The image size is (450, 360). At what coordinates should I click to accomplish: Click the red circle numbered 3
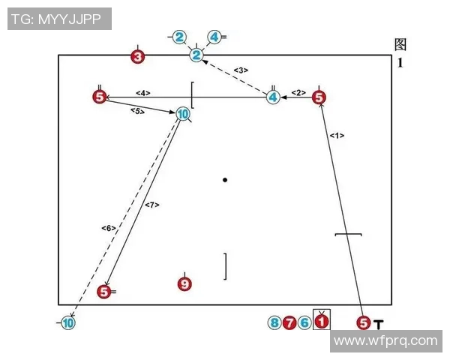click(x=137, y=56)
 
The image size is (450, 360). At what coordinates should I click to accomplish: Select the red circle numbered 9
click(x=184, y=283)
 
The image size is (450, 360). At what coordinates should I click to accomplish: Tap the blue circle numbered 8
click(x=274, y=323)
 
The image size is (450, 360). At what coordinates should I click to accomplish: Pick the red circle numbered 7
click(x=289, y=323)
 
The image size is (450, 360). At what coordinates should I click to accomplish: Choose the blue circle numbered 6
click(x=304, y=323)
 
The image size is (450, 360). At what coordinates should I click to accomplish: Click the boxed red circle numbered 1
click(x=321, y=322)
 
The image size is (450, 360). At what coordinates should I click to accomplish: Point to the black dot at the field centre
click(x=224, y=180)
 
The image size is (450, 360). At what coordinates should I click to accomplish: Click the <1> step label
click(x=337, y=136)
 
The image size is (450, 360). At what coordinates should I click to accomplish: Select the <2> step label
click(x=298, y=92)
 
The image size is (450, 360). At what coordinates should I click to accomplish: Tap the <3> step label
click(x=241, y=70)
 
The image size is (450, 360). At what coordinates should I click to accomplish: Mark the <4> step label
click(x=143, y=93)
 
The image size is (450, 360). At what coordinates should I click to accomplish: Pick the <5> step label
click(x=136, y=111)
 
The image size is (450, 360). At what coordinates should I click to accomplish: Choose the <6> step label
click(x=108, y=227)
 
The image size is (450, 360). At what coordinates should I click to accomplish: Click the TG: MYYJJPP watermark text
click(x=59, y=18)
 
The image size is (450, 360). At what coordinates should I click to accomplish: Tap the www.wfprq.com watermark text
click(x=385, y=340)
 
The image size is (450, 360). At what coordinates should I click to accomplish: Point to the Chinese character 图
click(x=400, y=45)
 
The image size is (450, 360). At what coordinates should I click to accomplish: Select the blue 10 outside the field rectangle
click(x=68, y=323)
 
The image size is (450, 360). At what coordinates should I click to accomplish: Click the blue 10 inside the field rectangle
click(x=183, y=114)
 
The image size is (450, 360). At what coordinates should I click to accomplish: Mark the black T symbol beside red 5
click(x=379, y=324)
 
